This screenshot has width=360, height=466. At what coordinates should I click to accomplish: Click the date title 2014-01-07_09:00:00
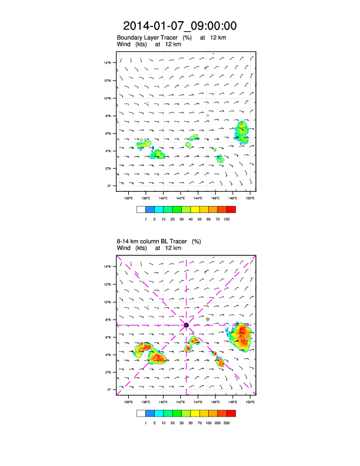point(180,26)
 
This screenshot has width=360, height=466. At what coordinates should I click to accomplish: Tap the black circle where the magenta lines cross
point(186,325)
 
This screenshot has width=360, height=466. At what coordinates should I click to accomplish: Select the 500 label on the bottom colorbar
point(226,422)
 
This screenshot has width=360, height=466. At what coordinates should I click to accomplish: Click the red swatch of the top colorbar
point(231,209)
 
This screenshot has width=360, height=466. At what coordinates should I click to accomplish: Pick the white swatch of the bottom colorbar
point(141,412)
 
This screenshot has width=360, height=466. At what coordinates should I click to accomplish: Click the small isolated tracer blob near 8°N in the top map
point(208,115)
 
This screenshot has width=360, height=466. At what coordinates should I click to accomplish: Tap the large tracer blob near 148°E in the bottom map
point(241,336)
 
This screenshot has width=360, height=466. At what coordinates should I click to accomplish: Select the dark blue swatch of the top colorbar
point(150,209)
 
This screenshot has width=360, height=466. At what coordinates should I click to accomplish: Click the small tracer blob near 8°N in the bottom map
point(208,319)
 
